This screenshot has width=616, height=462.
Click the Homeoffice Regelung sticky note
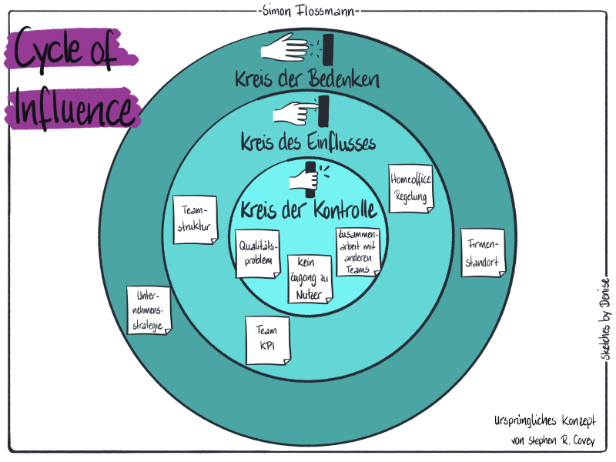pyautogui.click(x=410, y=187)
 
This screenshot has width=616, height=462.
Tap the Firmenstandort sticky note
pyautogui.click(x=482, y=252)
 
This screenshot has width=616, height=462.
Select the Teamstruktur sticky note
pyautogui.click(x=194, y=219)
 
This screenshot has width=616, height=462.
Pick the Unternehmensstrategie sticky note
pyautogui.click(x=149, y=310)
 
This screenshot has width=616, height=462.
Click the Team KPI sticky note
pyautogui.click(x=267, y=340)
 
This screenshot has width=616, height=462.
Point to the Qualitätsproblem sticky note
pyautogui.click(x=256, y=253)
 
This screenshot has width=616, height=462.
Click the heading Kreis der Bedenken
pyautogui.click(x=308, y=79)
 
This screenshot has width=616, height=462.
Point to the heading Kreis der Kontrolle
pyautogui.click(x=308, y=209)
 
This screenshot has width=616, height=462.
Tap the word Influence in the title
pyautogui.click(x=73, y=109)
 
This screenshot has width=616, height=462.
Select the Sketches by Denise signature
pyautogui.click(x=603, y=316)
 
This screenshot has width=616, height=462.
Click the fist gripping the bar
pyautogui.click(x=302, y=179)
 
